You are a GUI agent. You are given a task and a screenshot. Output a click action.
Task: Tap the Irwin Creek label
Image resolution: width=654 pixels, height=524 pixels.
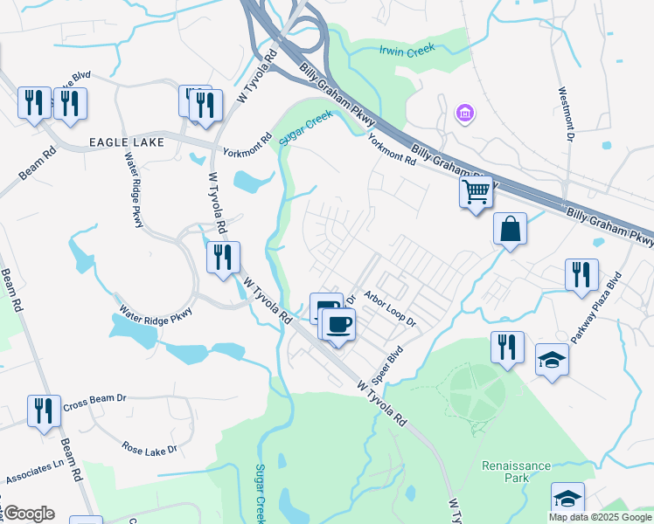coord(407,52)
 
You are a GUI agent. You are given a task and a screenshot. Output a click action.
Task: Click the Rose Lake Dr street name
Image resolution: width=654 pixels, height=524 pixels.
coord(150,449)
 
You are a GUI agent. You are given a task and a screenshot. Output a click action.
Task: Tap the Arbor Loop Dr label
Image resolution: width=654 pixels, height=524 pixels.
coord(392,307)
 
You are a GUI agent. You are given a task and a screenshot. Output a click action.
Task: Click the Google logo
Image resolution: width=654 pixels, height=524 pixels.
coord(29,513)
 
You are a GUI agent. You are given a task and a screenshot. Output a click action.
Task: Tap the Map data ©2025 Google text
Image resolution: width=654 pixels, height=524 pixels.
coord(600,517)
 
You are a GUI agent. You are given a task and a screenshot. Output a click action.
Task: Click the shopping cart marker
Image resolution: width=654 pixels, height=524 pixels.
coord(476,191)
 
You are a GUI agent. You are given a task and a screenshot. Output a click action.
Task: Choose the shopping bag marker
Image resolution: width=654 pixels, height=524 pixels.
coord(510,230)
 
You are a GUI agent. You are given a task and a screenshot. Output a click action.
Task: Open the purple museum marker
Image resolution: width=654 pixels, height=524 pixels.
coord(465,114)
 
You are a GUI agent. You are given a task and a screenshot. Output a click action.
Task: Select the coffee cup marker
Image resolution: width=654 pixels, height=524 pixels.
coord(338,325)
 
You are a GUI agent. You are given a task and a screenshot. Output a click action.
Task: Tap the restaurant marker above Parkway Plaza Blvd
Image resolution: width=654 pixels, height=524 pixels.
coord(581,273)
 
